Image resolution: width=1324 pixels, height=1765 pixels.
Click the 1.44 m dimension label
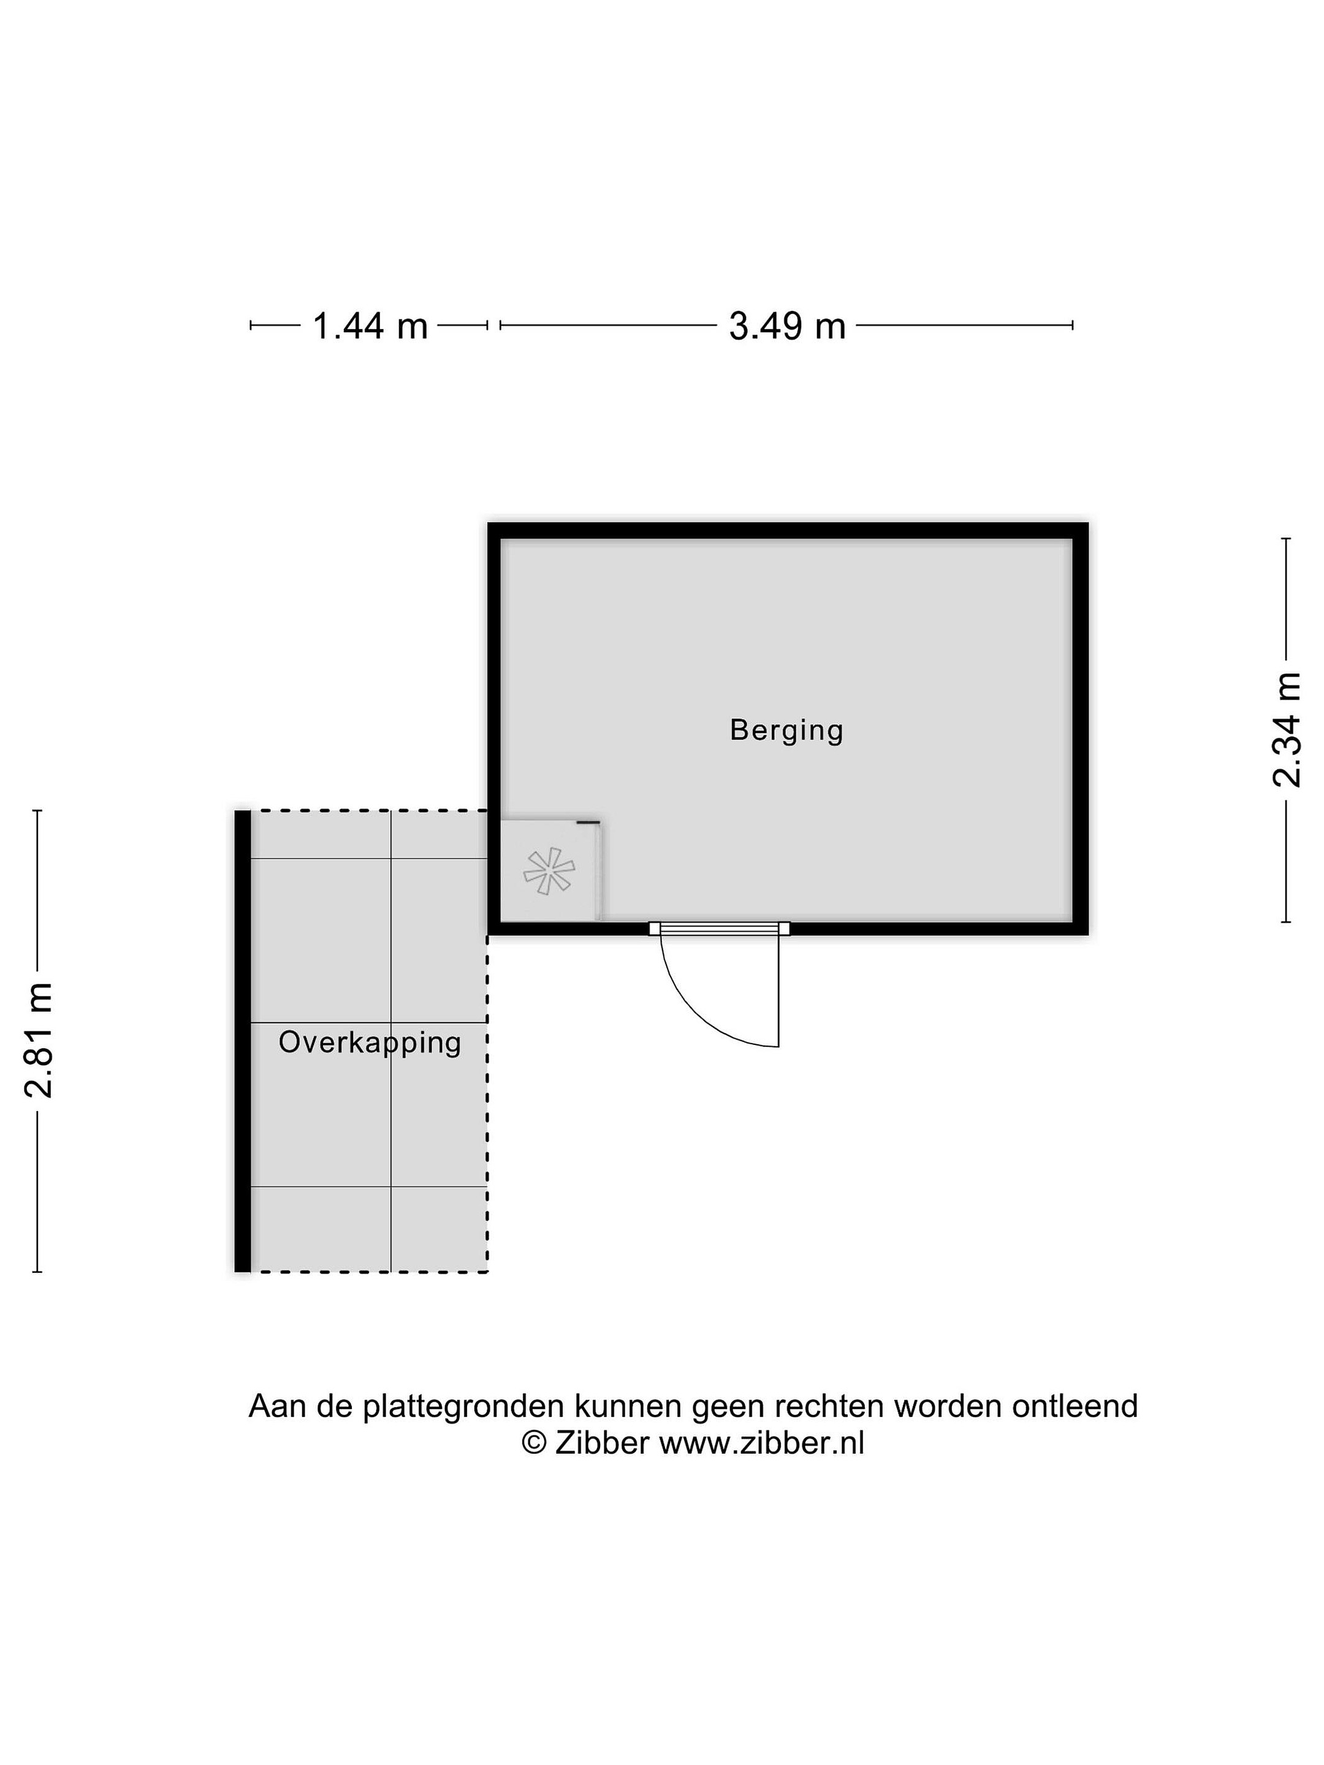pos(370,327)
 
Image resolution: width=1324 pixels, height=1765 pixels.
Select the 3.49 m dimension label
pos(787,327)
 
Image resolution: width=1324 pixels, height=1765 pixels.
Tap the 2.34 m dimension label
pos(1287,729)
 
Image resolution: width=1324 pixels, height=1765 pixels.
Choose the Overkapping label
pos(370,1043)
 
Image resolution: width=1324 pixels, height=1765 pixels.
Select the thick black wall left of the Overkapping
pos(243,1041)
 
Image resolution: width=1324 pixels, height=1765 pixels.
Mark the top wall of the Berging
pos(788,531)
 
